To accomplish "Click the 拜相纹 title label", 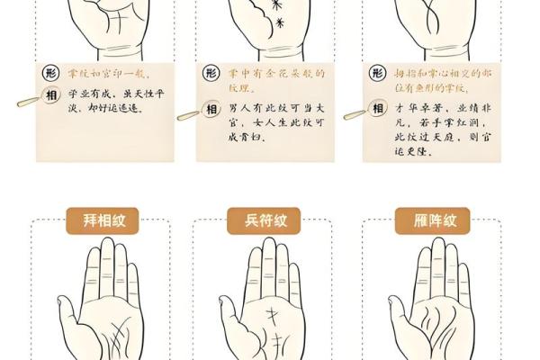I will (94, 220).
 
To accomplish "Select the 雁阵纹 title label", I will (419, 220).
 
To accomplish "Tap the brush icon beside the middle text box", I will (186, 114).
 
